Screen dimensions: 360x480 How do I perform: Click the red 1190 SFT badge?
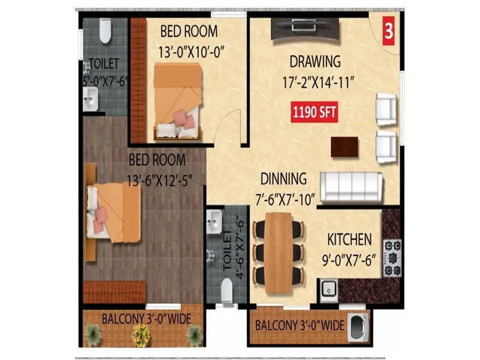coord(313,112)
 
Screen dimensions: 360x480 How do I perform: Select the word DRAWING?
coord(315,62)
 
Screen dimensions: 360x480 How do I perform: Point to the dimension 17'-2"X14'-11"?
coord(316,83)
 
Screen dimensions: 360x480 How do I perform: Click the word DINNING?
coord(283,179)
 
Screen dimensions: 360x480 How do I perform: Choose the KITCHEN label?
coord(349,240)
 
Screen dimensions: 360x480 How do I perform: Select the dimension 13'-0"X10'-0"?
coord(188,52)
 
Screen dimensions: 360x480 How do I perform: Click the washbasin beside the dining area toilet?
coord(214,223)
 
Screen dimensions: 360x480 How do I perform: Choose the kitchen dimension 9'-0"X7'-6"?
coord(349,261)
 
